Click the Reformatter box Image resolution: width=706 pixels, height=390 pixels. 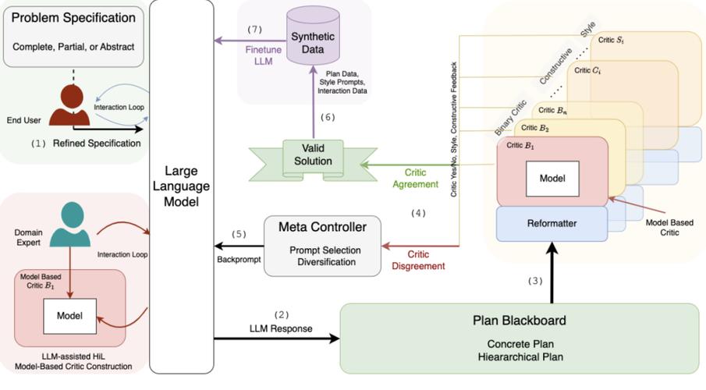pyautogui.click(x=552, y=223)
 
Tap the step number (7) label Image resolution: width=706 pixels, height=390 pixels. pyautogui.click(x=255, y=29)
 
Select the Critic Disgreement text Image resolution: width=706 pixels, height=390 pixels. pyautogui.click(x=417, y=260)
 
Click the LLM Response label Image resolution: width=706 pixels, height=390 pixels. pyautogui.click(x=282, y=328)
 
